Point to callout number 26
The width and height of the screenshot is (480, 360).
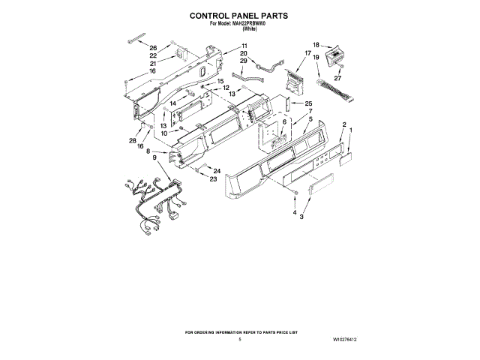(153, 48)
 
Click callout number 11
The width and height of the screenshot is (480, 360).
(244, 46)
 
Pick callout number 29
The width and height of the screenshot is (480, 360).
(244, 61)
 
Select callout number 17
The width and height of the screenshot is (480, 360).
(307, 53)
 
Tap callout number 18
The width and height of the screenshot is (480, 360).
(316, 45)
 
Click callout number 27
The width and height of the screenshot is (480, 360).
(337, 77)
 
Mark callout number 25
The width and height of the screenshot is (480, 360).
(308, 103)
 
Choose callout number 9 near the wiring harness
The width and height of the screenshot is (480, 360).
(154, 158)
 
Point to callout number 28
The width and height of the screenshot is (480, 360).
(133, 140)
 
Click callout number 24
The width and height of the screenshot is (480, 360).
(216, 170)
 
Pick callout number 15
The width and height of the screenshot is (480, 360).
(220, 81)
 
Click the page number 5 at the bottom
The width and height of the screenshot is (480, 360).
(239, 340)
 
